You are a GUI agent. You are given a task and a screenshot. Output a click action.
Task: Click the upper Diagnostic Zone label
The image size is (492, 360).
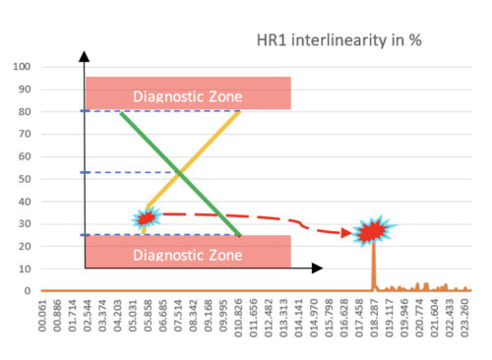pyautogui.click(x=187, y=96)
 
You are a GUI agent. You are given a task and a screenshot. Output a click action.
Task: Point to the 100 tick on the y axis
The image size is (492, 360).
pyautogui.click(x=23, y=67)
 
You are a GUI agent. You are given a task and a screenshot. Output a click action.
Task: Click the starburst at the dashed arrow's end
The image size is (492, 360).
pyautogui.click(x=372, y=233)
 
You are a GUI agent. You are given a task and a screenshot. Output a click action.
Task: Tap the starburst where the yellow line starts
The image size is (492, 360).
pyautogui.click(x=146, y=218)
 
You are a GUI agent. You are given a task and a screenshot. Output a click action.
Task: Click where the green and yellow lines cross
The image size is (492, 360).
pyautogui.click(x=180, y=173)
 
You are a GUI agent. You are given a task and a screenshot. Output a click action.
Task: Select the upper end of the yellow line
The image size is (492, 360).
pyautogui.click(x=239, y=112)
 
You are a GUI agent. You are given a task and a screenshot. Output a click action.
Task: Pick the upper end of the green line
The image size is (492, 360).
pyautogui.click(x=120, y=112)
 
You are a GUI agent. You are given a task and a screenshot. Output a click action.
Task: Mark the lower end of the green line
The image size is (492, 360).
pyautogui.click(x=240, y=236)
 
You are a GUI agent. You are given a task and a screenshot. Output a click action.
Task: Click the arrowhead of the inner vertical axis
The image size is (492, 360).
pyautogui.click(x=85, y=57)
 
